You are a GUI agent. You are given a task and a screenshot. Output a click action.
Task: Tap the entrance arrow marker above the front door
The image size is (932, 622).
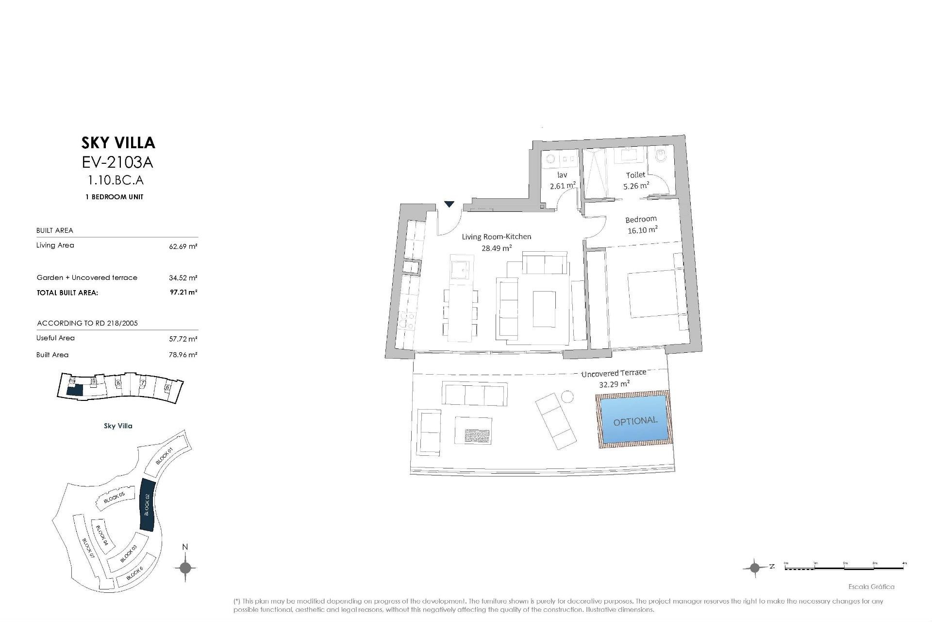(x=449, y=204)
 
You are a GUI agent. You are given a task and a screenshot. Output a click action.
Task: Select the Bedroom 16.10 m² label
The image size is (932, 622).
(x=642, y=225)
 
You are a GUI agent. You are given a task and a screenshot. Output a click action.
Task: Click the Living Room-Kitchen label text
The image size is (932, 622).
(x=496, y=237)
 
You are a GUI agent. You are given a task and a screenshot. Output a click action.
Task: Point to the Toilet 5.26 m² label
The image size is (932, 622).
(x=636, y=180)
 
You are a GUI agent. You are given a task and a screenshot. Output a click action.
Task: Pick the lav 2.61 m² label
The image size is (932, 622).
(x=563, y=180)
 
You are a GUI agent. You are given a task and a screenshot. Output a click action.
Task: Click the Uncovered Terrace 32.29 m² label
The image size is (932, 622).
(x=614, y=378)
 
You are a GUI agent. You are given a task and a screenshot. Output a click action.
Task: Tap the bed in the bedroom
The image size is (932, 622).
(x=653, y=294)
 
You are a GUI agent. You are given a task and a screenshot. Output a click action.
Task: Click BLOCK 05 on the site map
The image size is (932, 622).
(x=115, y=498)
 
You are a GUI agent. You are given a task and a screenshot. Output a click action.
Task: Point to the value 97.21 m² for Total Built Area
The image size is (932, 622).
(x=183, y=293)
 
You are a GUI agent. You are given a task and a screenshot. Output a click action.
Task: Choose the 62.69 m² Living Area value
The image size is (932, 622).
(x=183, y=246)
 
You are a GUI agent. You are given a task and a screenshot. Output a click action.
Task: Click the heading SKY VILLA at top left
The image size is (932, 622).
(x=118, y=142)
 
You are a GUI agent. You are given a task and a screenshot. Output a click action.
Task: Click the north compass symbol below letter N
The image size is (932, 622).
(x=185, y=567)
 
